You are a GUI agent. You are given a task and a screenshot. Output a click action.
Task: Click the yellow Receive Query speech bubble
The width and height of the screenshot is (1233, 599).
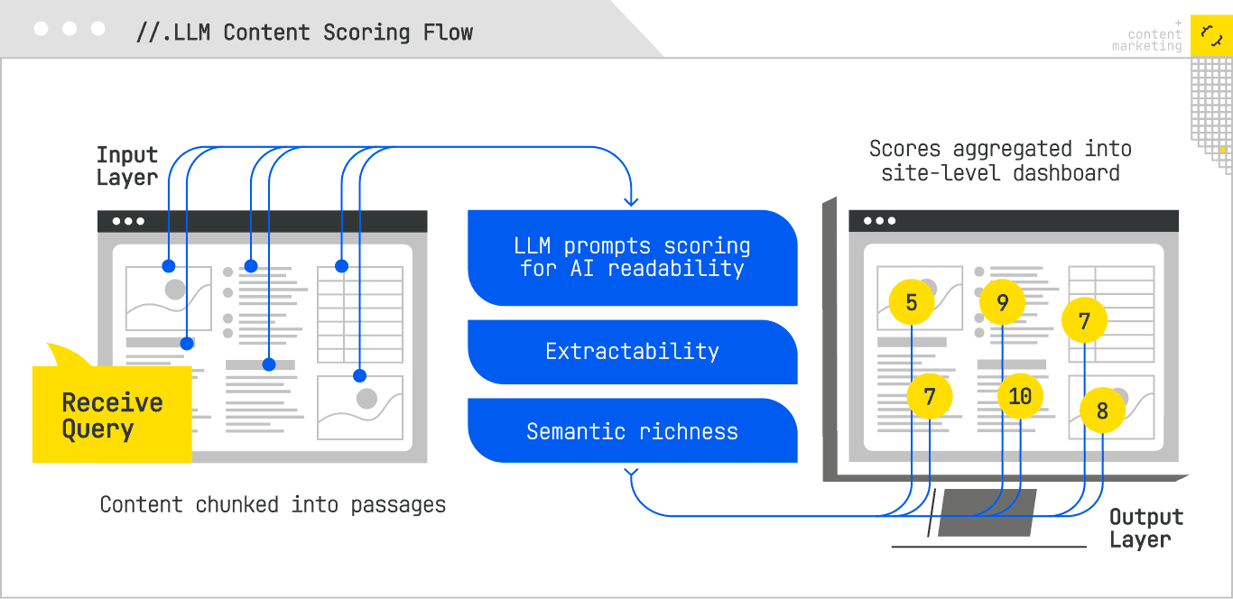click(x=112, y=415)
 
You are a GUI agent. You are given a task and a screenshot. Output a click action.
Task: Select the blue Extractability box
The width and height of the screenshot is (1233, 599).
click(x=632, y=352)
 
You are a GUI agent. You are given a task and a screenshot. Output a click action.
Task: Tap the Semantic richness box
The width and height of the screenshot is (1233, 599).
click(x=632, y=431)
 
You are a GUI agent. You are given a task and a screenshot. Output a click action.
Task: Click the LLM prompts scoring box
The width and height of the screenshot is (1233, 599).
click(x=632, y=257)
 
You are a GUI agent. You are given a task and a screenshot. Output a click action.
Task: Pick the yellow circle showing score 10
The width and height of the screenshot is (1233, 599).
click(x=1020, y=396)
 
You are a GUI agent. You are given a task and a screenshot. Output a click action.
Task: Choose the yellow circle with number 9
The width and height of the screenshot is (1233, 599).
click(x=1003, y=302)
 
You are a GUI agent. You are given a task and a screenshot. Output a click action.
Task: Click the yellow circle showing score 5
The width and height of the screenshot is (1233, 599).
click(x=912, y=302)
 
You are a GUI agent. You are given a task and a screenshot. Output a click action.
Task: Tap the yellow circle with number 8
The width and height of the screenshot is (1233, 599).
click(x=1102, y=411)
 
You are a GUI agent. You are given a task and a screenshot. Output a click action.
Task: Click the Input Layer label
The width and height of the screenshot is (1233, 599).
click(x=127, y=167)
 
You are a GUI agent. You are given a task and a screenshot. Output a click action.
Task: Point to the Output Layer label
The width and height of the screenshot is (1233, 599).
click(x=1145, y=529)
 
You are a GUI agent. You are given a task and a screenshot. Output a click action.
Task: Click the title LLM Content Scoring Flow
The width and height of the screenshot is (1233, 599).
click(x=305, y=32)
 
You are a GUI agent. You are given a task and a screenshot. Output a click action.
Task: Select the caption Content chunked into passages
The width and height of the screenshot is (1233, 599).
click(x=273, y=504)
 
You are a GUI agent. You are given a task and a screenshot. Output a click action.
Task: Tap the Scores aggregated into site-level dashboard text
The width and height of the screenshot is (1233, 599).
click(x=1000, y=161)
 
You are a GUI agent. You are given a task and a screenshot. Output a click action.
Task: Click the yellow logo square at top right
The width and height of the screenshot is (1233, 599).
click(x=1210, y=36)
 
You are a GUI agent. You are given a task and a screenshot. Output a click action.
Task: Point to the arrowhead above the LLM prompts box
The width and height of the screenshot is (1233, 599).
click(x=631, y=200)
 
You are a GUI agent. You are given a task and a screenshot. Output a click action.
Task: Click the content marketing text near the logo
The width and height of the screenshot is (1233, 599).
click(x=1147, y=41)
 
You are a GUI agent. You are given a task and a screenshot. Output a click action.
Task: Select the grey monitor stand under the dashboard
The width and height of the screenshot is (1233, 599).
click(x=987, y=513)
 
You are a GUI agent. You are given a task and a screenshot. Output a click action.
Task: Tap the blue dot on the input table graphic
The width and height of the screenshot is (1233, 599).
click(x=341, y=266)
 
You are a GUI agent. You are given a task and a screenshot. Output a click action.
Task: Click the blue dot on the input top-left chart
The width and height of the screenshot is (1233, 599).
click(x=168, y=266)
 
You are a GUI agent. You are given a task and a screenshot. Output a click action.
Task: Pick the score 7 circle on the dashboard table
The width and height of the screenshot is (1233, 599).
click(x=1084, y=320)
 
